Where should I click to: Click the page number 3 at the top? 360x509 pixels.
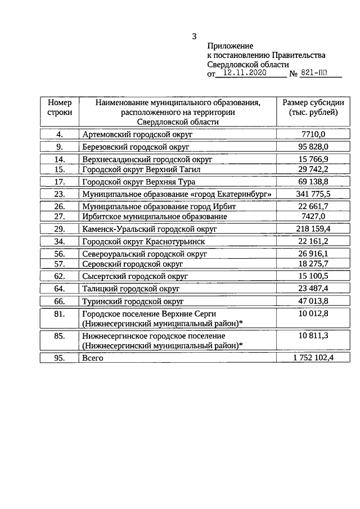(x=194, y=37)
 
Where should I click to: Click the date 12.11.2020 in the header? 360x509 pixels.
(x=245, y=73)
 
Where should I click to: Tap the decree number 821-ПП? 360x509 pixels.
(x=314, y=73)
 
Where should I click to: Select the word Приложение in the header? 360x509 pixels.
(x=230, y=46)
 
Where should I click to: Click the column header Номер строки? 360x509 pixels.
(x=60, y=107)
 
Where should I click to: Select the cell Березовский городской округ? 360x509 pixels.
(x=136, y=147)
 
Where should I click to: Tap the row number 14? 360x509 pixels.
(x=60, y=159)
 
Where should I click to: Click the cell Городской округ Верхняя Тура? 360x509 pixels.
(x=138, y=182)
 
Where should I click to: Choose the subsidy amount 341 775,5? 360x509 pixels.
(x=314, y=194)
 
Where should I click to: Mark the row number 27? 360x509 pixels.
(x=60, y=216)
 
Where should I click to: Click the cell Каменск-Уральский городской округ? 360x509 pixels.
(x=149, y=229)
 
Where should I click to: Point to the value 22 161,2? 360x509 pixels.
(x=314, y=241)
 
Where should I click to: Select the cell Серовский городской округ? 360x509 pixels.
(x=133, y=263)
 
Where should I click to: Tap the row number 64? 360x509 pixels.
(x=60, y=289)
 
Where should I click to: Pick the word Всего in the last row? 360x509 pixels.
(x=93, y=358)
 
